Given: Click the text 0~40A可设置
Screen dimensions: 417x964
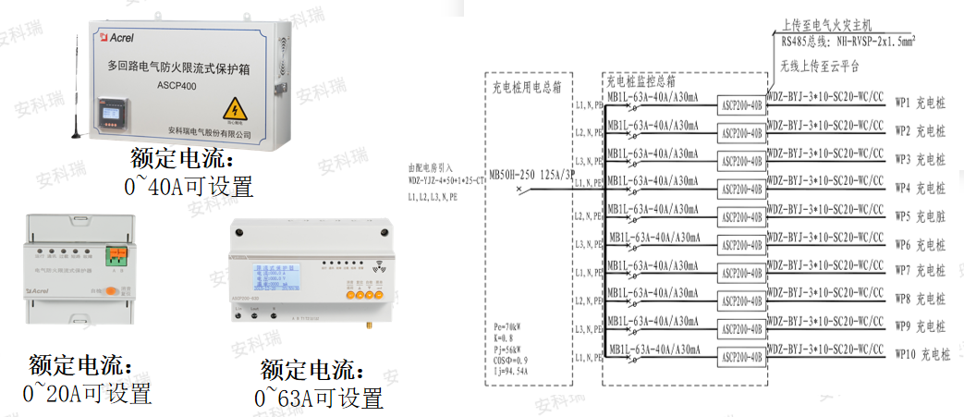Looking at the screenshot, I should (x=189, y=187).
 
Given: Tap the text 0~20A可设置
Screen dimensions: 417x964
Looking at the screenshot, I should (x=87, y=394).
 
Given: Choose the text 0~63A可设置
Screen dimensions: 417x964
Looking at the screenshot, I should (x=318, y=399).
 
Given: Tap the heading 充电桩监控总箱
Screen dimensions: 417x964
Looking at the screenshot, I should (x=639, y=82).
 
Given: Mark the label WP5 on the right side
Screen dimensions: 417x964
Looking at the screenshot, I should (x=903, y=216).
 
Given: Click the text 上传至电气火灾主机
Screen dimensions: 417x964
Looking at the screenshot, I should (x=826, y=26).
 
